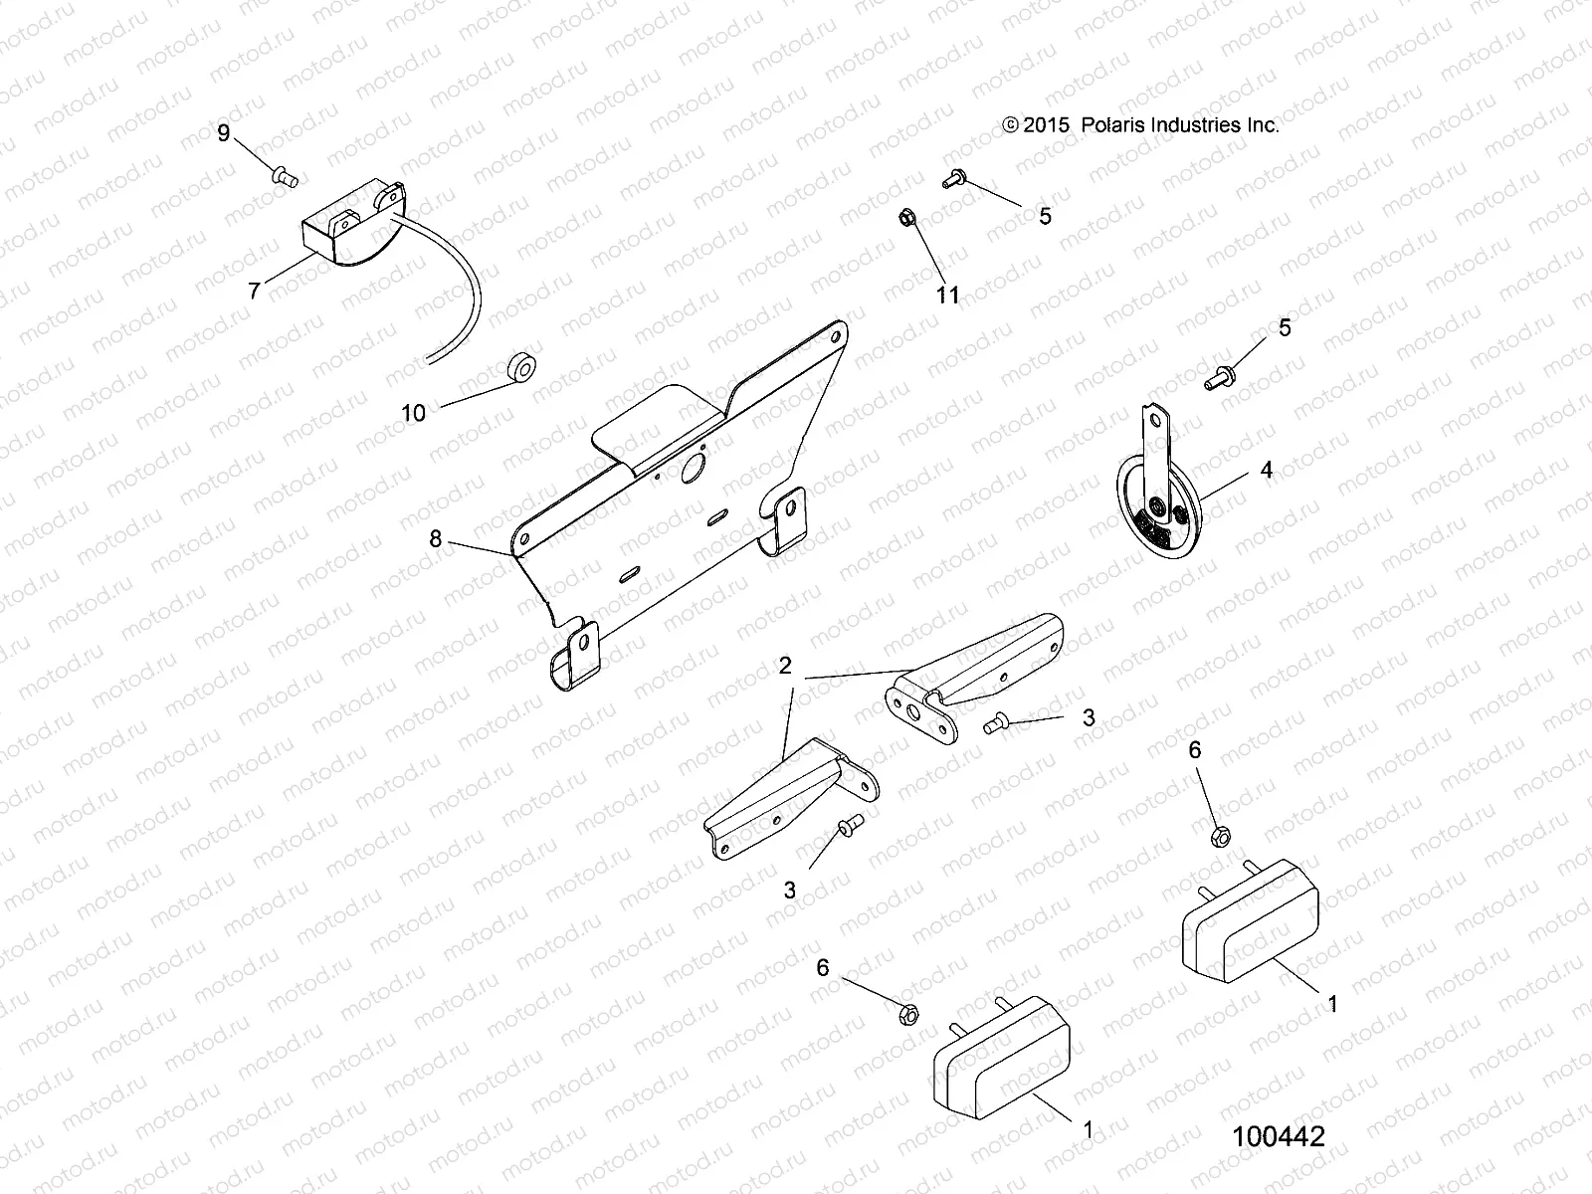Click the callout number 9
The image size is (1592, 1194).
(224, 132)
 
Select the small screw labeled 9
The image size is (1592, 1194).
(285, 177)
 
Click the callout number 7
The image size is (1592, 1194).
(255, 291)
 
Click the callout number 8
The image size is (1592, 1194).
(435, 539)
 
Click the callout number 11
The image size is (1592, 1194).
(948, 295)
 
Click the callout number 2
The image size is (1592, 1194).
(785, 666)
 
